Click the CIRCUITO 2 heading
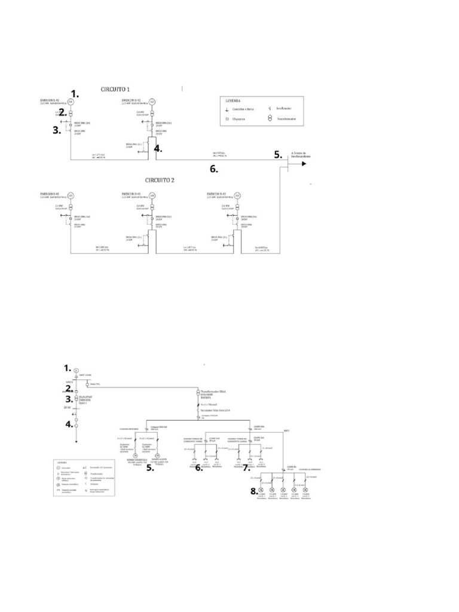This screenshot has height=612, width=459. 164,179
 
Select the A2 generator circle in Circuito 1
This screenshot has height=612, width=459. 152,102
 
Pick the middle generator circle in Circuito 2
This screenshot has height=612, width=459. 152,195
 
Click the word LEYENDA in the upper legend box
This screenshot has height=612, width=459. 234,102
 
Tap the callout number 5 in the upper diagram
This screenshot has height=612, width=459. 278,154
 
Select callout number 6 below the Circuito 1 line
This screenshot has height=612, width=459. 213,169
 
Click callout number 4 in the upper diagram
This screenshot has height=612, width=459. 158,149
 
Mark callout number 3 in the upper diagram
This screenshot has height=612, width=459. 57,131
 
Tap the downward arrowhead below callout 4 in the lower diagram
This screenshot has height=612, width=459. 76,442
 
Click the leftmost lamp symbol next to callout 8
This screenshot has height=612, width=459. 261,494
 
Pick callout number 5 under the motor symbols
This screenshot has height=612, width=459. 150,468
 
